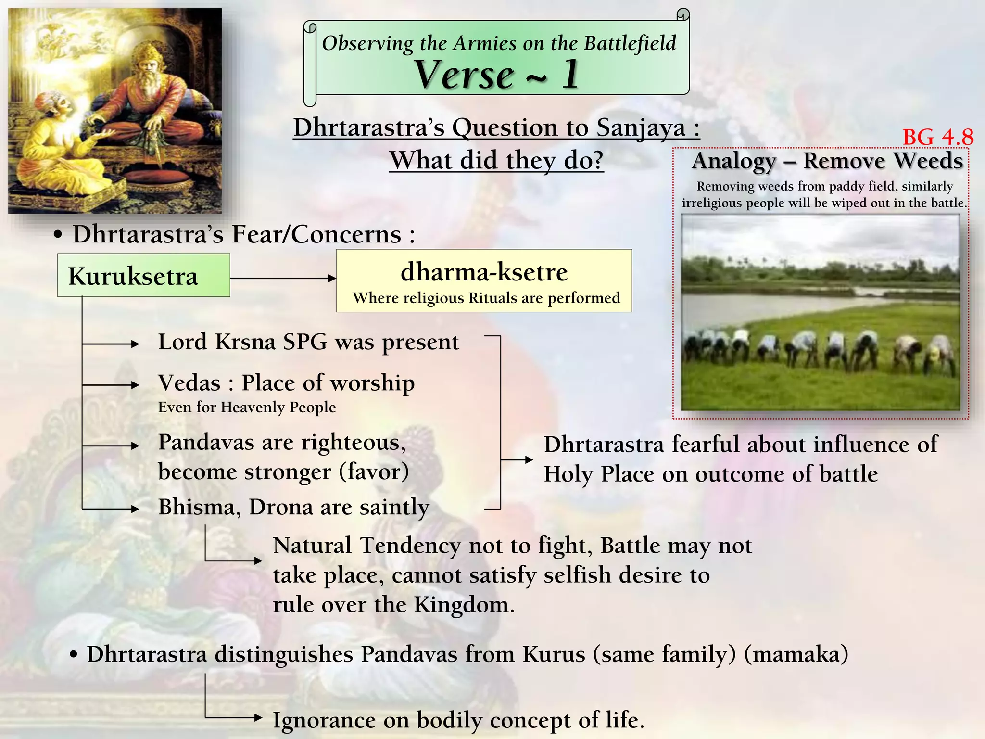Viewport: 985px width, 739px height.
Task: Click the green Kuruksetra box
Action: pos(143,276)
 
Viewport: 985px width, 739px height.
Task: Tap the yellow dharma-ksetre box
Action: pos(484,281)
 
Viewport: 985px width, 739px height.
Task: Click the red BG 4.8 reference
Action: pos(937,137)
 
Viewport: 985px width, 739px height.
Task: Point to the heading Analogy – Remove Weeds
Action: pos(827,161)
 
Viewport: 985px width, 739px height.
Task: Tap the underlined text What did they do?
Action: pos(496,160)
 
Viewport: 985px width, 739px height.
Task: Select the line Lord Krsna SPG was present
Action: pos(308,342)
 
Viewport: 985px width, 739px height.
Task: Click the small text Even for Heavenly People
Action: pos(247,408)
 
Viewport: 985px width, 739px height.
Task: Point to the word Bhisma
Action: pos(196,507)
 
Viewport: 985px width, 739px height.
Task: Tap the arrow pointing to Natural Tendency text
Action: pos(235,560)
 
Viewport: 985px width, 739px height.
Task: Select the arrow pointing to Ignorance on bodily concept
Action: pos(235,718)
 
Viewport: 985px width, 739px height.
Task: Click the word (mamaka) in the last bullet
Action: pos(796,654)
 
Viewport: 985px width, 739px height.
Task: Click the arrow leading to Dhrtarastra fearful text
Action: pos(517,459)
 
